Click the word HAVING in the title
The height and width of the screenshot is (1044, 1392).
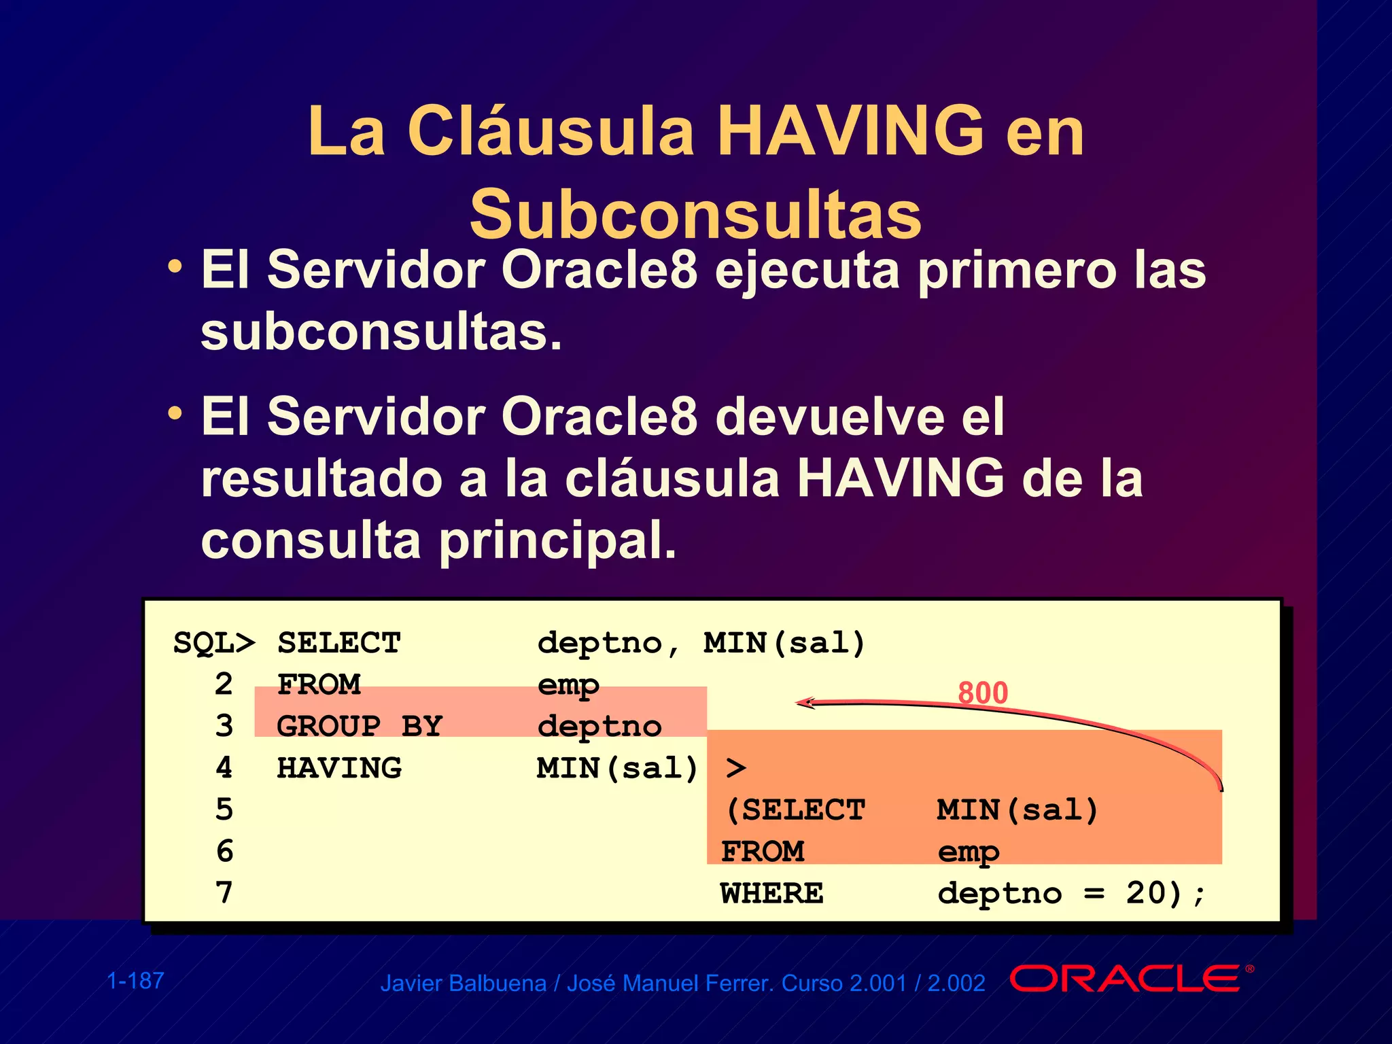click(850, 130)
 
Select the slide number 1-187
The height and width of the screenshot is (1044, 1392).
click(135, 981)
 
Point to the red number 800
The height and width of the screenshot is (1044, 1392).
click(982, 693)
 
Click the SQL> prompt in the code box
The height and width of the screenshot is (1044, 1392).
click(214, 643)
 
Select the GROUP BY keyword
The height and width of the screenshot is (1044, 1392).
click(359, 727)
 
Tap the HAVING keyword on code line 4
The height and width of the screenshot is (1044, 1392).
click(339, 768)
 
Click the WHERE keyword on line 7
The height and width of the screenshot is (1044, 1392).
click(771, 893)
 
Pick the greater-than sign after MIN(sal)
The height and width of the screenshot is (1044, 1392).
click(735, 769)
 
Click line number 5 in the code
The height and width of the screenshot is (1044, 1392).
click(224, 810)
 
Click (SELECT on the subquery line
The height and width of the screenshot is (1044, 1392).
click(795, 810)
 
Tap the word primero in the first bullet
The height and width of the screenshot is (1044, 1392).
click(1017, 271)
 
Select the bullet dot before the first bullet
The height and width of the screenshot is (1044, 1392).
click(175, 266)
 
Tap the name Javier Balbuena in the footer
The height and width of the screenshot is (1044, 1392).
click(463, 984)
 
